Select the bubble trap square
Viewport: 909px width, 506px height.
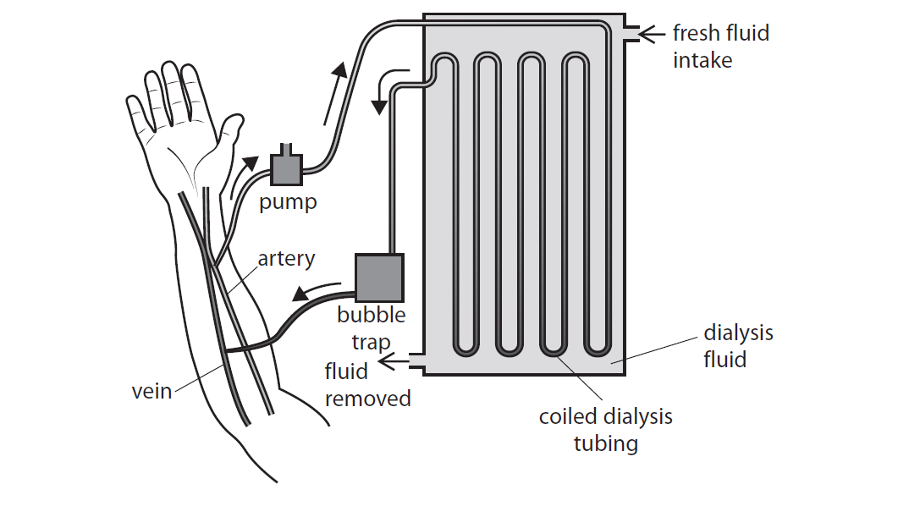pos(378,278)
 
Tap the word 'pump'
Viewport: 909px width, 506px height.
pos(288,203)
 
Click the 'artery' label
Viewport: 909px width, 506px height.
pos(286,258)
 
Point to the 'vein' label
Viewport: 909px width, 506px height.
pos(151,392)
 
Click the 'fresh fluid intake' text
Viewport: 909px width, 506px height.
pos(719,47)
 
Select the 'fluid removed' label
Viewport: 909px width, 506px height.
pos(367,385)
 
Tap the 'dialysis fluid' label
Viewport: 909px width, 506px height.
pos(738,346)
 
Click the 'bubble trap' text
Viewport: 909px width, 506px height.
pos(372,328)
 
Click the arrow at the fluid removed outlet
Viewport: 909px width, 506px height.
pos(391,363)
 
